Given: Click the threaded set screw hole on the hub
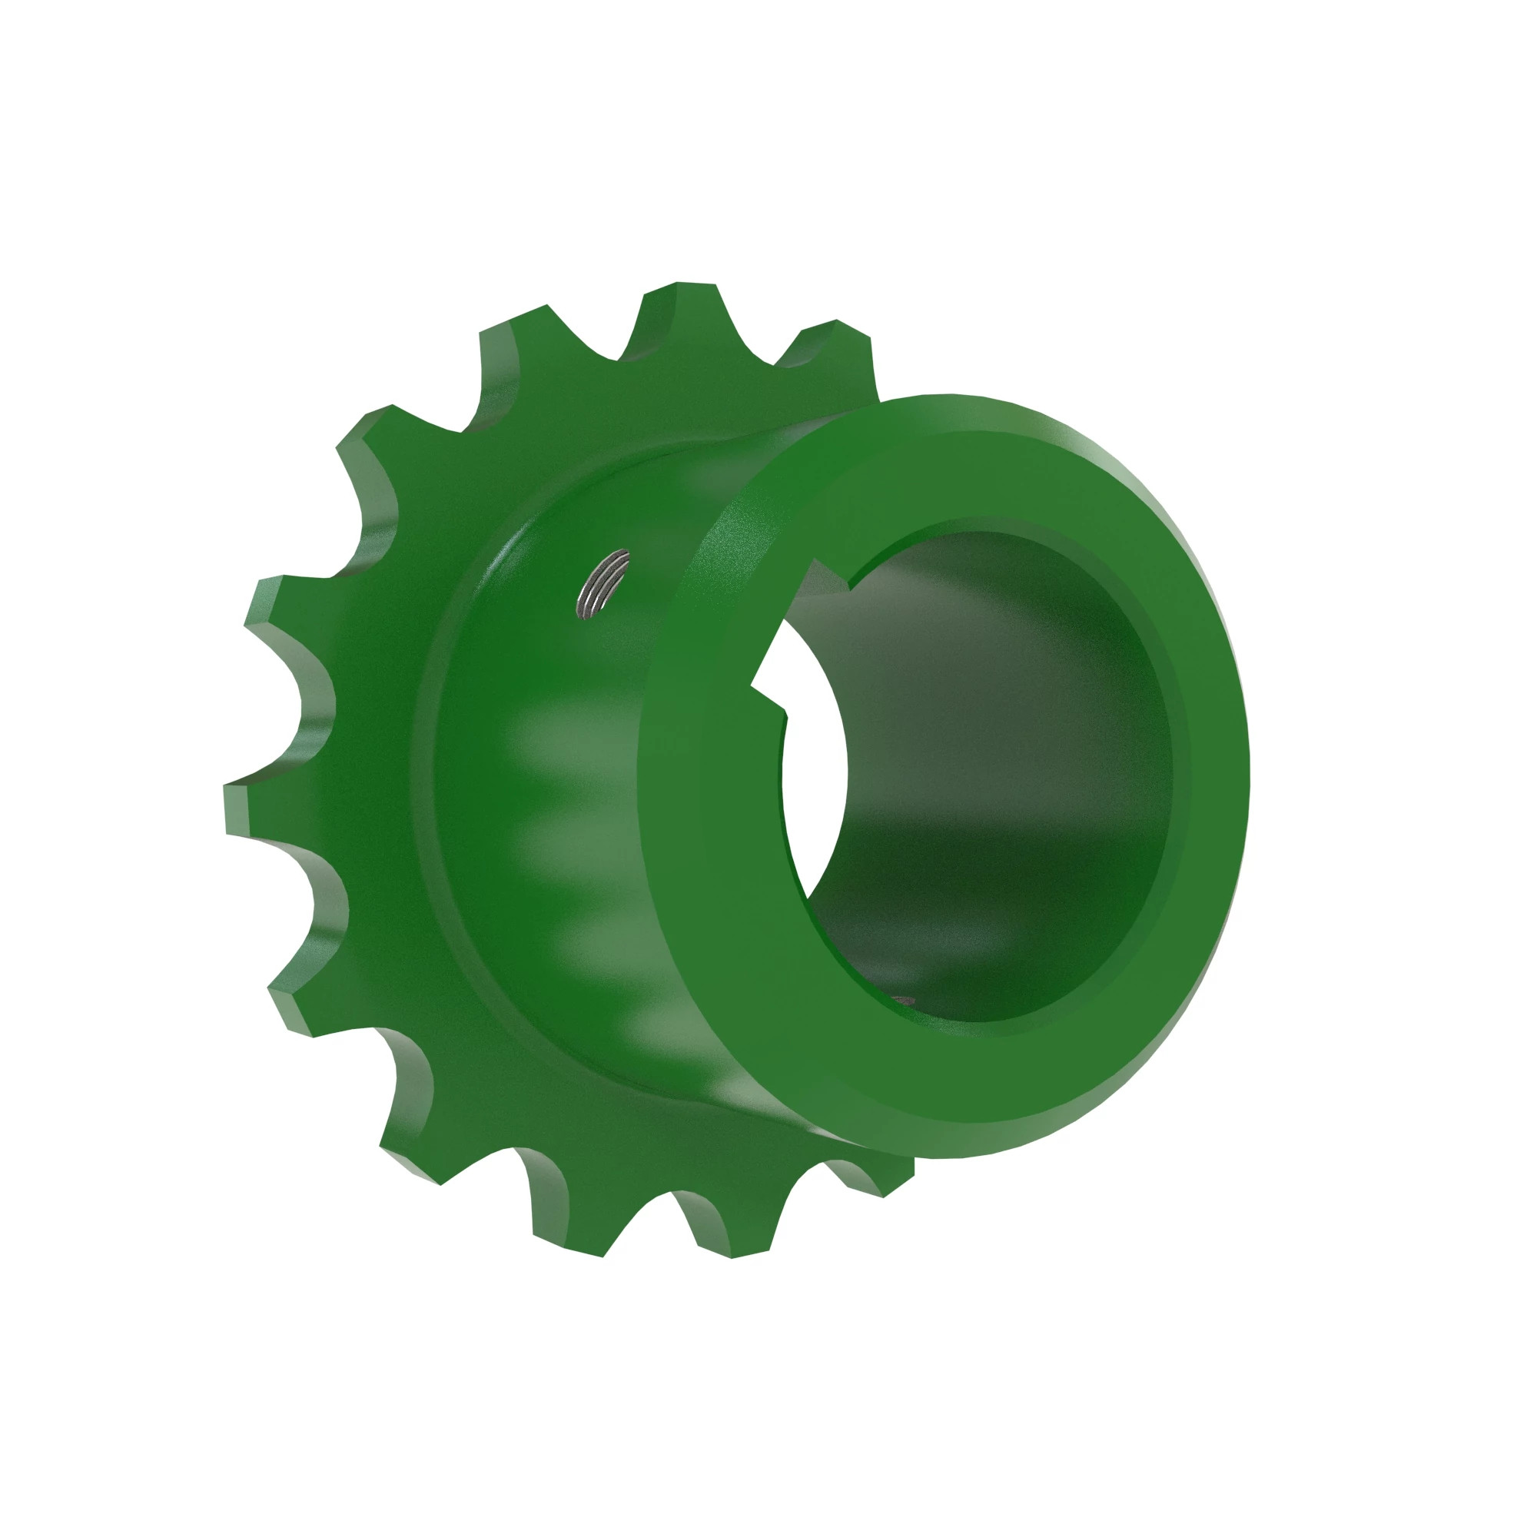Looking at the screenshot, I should pos(603,583).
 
